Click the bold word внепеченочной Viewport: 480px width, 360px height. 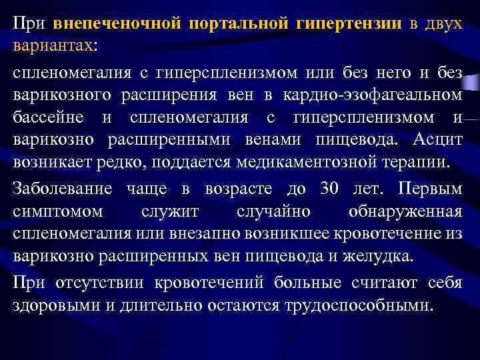116,24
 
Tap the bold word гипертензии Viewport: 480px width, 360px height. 348,24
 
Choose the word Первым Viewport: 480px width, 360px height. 429,189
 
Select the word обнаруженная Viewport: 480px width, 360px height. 405,212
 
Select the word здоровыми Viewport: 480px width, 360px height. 52,306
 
